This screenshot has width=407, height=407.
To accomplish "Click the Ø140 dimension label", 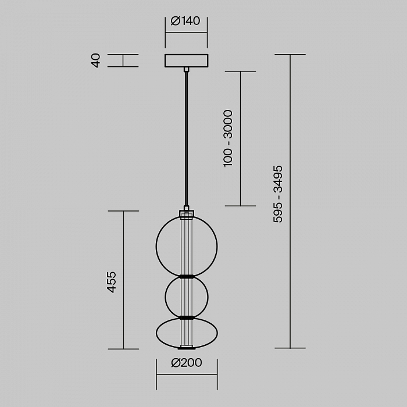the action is pyautogui.click(x=185, y=21).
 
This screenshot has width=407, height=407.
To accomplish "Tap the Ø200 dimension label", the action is pyautogui.click(x=187, y=363).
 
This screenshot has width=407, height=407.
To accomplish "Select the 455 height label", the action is pyautogui.click(x=112, y=282).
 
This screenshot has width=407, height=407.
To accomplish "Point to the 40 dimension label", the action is pyautogui.click(x=96, y=60).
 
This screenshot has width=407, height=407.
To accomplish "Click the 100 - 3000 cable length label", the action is pyautogui.click(x=228, y=138).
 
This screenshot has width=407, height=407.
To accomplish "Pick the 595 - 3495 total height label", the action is pyautogui.click(x=278, y=194).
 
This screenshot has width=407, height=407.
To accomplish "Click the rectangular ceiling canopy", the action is pyautogui.click(x=187, y=60).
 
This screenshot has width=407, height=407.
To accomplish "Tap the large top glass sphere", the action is pyautogui.click(x=156, y=246).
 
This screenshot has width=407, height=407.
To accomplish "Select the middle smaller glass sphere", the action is pyautogui.click(x=165, y=297).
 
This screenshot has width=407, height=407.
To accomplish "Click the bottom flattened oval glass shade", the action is pyautogui.click(x=156, y=333).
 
